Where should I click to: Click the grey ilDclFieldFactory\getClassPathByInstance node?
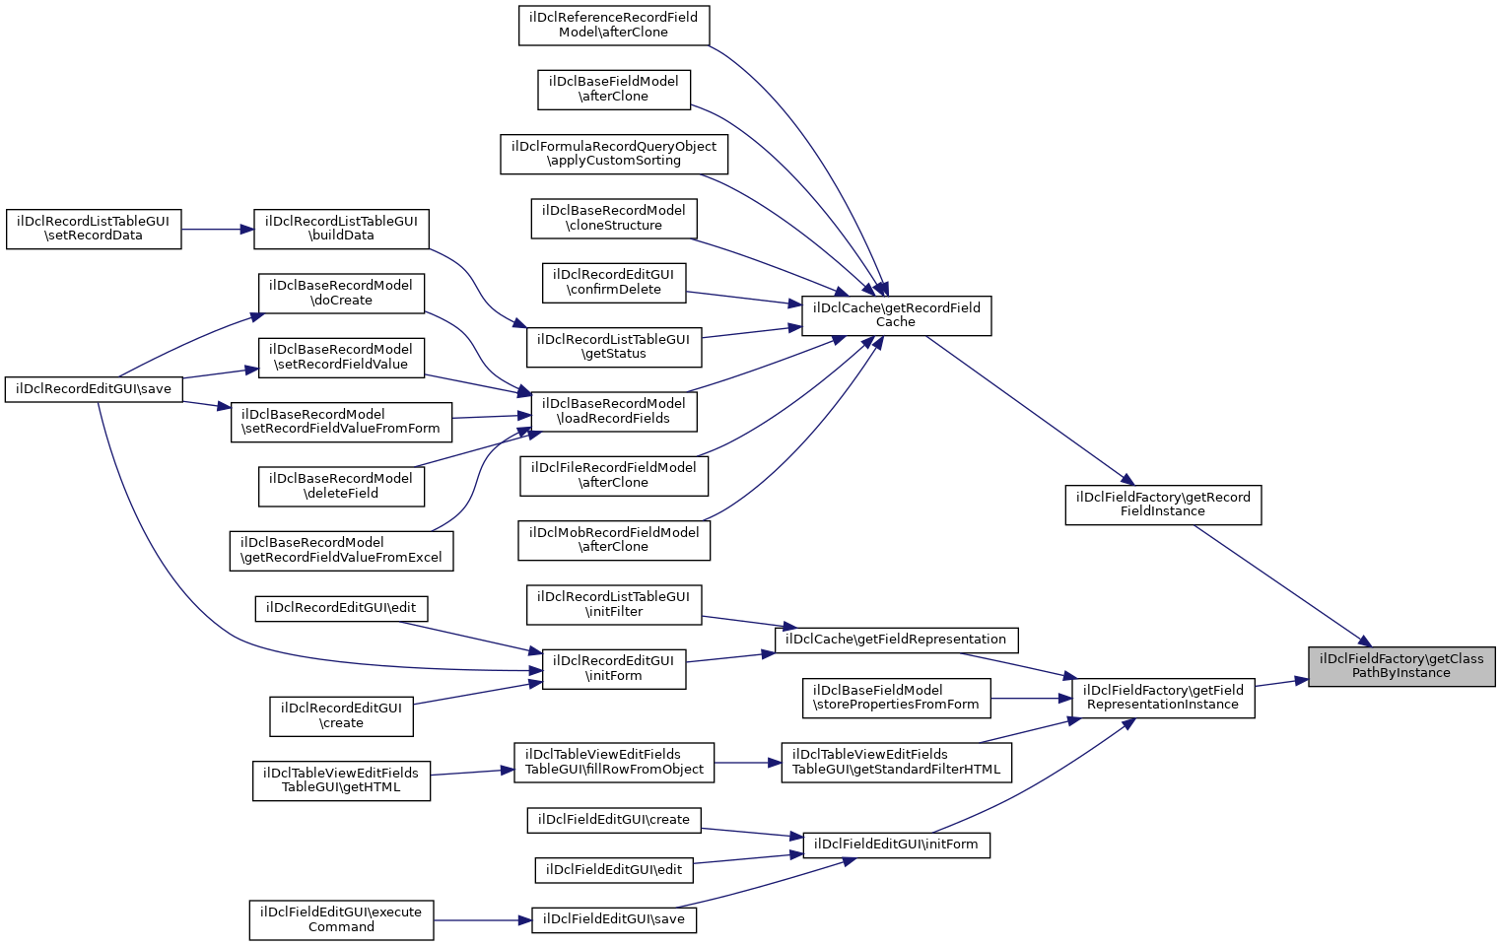(x=1400, y=666)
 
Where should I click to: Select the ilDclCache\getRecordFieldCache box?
(x=896, y=315)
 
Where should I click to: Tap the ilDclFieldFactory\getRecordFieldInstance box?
(x=1162, y=505)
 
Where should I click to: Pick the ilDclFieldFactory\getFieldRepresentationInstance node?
(x=1162, y=698)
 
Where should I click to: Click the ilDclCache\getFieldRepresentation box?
(x=895, y=640)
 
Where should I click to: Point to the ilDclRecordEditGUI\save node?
(x=94, y=389)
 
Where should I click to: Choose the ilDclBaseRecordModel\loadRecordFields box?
(x=613, y=411)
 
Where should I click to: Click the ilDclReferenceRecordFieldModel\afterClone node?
(x=613, y=25)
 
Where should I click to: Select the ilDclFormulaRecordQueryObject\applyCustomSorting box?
(x=613, y=154)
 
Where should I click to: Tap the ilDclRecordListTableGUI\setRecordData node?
(x=94, y=229)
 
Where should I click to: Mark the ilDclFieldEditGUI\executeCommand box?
(x=341, y=919)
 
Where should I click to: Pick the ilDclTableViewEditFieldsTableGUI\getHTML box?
(x=341, y=780)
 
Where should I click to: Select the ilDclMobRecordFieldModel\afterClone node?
(x=613, y=540)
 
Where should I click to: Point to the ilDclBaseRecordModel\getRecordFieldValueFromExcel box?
(x=341, y=550)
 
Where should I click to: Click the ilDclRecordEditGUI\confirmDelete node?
(x=613, y=282)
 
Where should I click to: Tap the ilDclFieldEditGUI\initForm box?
(x=895, y=845)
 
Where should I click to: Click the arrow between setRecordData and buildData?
(x=218, y=229)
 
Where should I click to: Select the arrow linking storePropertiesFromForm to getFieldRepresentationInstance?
(x=1031, y=699)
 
